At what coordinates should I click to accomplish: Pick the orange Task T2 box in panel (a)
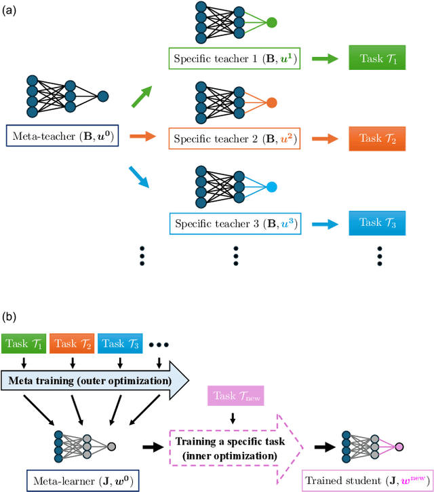click(376, 138)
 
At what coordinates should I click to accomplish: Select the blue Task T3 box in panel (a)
click(376, 222)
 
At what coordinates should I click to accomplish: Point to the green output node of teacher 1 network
click(271, 22)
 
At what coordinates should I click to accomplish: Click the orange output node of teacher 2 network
click(271, 103)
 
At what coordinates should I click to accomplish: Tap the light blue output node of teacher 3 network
click(271, 187)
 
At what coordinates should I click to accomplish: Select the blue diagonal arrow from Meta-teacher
click(142, 178)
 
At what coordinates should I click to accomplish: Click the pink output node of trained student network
click(399, 447)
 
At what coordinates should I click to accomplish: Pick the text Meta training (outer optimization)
click(90, 381)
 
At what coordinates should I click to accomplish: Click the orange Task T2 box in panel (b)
click(72, 343)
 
